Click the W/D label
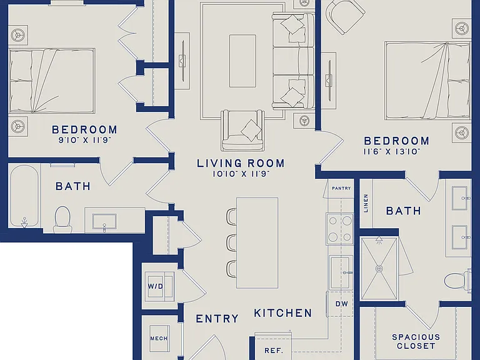(x=156, y=286)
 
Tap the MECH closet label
(x=159, y=339)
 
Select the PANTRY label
(x=341, y=188)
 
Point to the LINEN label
(x=366, y=203)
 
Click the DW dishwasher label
(x=342, y=304)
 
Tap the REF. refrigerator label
(x=274, y=351)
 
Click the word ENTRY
(x=217, y=319)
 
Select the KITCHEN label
(x=283, y=313)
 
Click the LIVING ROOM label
(x=241, y=163)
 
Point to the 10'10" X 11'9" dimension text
(x=241, y=174)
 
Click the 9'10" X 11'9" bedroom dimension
(x=84, y=141)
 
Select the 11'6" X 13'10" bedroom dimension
(x=392, y=151)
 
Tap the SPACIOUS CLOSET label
(x=416, y=342)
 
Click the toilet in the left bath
(x=62, y=219)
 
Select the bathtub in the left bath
(x=24, y=196)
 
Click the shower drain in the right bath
(x=379, y=269)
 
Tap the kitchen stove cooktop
(x=340, y=229)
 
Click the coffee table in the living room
(x=242, y=61)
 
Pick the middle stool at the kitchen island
(x=231, y=242)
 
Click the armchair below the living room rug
(x=243, y=130)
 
